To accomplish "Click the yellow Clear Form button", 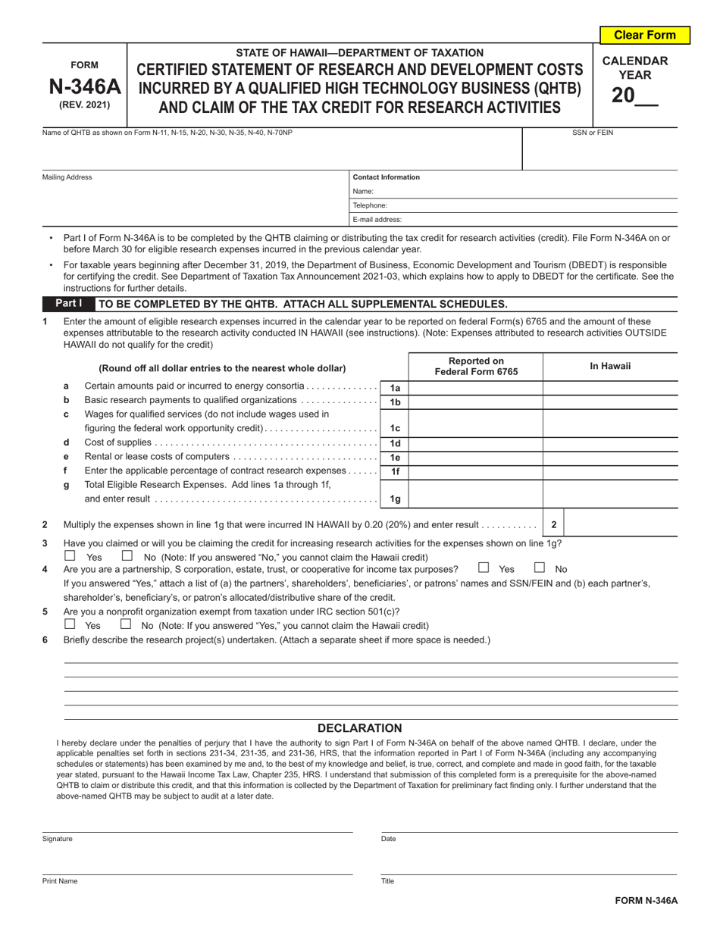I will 644,35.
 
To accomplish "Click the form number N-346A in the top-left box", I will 84,85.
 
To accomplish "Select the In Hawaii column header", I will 610,366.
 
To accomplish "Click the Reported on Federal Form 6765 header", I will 475,366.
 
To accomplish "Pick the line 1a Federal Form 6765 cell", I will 475,386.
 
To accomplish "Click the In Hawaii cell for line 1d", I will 610,443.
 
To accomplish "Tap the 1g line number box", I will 395,499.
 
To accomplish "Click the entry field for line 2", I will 621,524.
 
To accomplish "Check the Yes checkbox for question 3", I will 70,556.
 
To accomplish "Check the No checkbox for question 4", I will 540,568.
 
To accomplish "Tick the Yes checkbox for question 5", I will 70,625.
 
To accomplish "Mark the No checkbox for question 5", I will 126,625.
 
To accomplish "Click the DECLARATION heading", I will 359,728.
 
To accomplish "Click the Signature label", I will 58,840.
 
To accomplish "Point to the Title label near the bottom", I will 387,881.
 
